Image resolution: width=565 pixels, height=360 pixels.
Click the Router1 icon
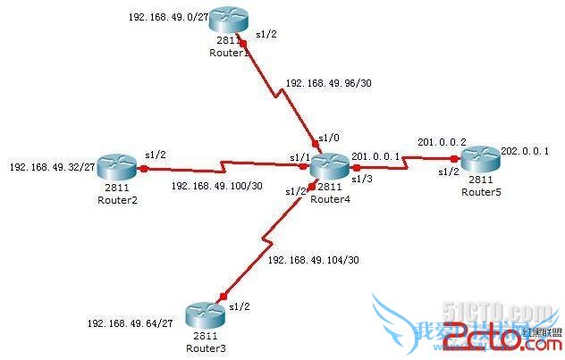click(x=227, y=24)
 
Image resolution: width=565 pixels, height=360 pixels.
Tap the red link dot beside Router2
click(x=143, y=167)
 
